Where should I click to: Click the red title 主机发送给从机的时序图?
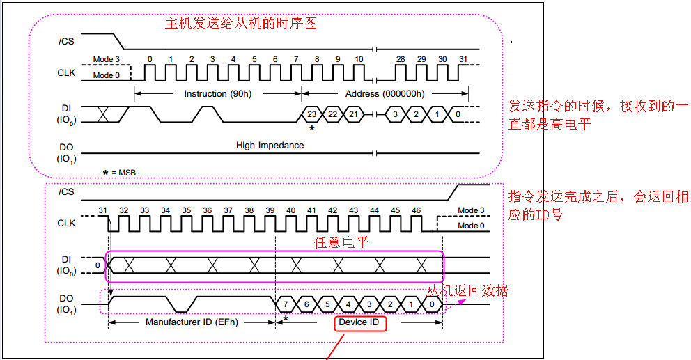pyautogui.click(x=240, y=23)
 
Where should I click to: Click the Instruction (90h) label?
pyautogui.click(x=217, y=93)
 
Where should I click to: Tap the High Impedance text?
pyautogui.click(x=270, y=146)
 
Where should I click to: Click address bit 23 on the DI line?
pyautogui.click(x=312, y=114)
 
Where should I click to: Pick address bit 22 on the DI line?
pyautogui.click(x=333, y=114)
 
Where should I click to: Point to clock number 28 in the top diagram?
pyautogui.click(x=401, y=59)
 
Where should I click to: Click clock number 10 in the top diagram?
pyautogui.click(x=359, y=59)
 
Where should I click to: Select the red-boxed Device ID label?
pyautogui.click(x=359, y=323)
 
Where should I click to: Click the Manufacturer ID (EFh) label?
pyautogui.click(x=192, y=323)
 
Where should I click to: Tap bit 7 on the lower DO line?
pyautogui.click(x=286, y=304)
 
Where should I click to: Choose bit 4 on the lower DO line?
pyautogui.click(x=348, y=304)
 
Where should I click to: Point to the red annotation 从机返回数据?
pyautogui.click(x=467, y=290)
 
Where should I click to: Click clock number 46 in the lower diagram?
pyautogui.click(x=416, y=210)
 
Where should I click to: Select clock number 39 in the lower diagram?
pyautogui.click(x=270, y=210)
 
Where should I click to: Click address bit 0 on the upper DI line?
pyautogui.click(x=457, y=114)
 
